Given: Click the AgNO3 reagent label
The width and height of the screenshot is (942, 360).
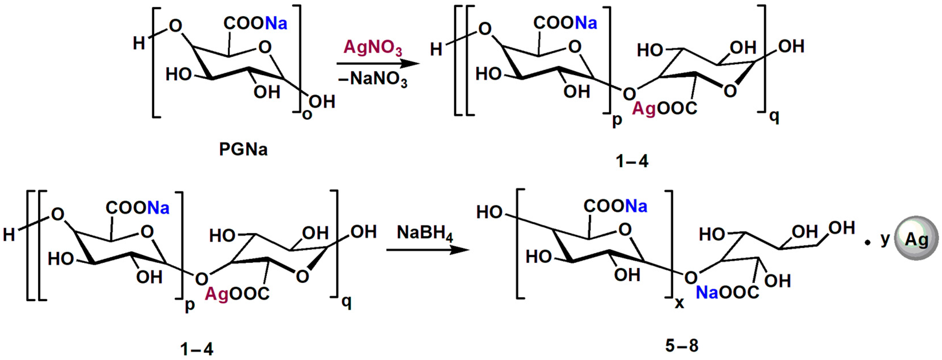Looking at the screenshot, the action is pyautogui.click(x=373, y=48).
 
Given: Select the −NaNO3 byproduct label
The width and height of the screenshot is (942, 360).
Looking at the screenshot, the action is pyautogui.click(x=373, y=79).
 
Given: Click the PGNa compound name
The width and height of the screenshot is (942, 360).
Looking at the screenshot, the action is pyautogui.click(x=243, y=150).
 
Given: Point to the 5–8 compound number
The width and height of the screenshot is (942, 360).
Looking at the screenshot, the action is pyautogui.click(x=681, y=345).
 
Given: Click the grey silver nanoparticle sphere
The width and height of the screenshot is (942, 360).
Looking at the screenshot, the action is pyautogui.click(x=916, y=238).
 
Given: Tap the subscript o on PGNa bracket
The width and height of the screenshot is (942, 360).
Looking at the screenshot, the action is pyautogui.click(x=307, y=114).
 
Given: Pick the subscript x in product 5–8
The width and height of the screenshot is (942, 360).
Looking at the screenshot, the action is pyautogui.click(x=679, y=303).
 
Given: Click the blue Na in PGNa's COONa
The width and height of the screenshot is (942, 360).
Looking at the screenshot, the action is pyautogui.click(x=276, y=23).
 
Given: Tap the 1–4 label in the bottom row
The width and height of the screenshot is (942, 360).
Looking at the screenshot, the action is pyautogui.click(x=197, y=350).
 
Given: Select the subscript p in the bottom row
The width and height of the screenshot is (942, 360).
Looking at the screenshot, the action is pyautogui.click(x=190, y=305).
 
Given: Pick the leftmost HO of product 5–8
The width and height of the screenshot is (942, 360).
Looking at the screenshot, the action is pyautogui.click(x=489, y=212).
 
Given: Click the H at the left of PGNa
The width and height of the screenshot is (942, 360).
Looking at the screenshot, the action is pyautogui.click(x=139, y=43).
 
